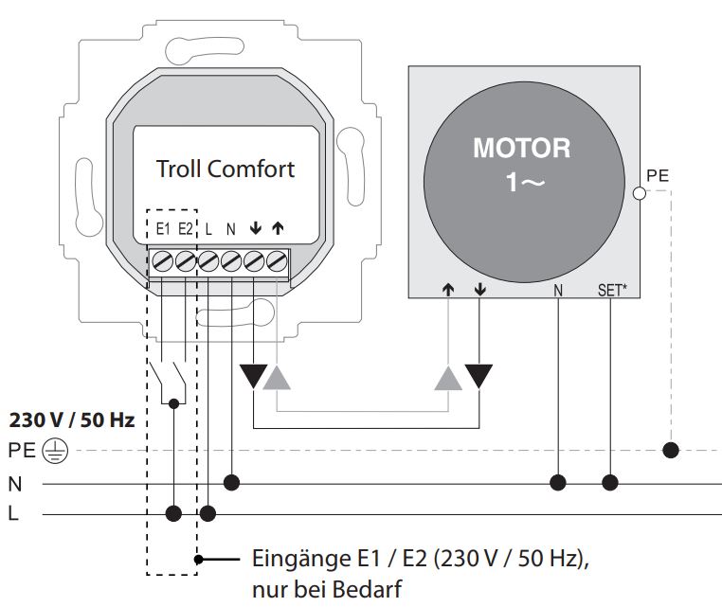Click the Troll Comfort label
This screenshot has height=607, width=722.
click(226, 170)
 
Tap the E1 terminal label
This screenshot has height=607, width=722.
click(162, 228)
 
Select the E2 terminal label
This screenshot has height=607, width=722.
click(186, 228)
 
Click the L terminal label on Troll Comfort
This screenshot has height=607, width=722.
click(208, 228)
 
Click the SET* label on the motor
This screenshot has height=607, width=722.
click(611, 290)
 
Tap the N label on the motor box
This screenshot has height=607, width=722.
click(558, 290)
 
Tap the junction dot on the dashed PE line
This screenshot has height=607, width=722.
click(671, 449)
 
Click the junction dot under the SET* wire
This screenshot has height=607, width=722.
click(611, 483)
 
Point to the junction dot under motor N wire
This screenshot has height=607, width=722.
click(558, 483)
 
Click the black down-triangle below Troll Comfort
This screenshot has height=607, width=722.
click(254, 376)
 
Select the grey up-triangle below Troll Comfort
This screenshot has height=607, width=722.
click(277, 378)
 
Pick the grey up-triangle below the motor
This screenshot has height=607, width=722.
click(448, 378)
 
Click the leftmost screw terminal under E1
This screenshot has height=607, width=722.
click(162, 259)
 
